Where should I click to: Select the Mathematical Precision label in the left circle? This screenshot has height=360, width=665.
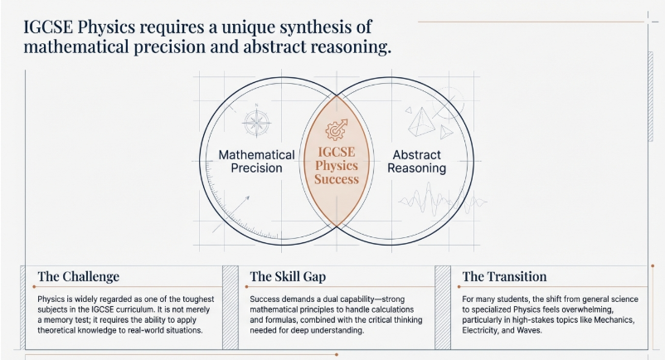(256, 161)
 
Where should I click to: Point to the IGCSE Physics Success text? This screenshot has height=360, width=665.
(337, 165)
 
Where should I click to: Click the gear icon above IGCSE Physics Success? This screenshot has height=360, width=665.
(337, 129)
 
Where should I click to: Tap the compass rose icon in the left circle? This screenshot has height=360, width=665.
(257, 122)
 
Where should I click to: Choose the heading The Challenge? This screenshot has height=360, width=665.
(79, 277)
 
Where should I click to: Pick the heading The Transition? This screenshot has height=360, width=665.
(504, 277)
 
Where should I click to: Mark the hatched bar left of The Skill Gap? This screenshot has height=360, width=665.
(231, 302)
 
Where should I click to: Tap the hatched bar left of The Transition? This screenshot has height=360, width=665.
(443, 302)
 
